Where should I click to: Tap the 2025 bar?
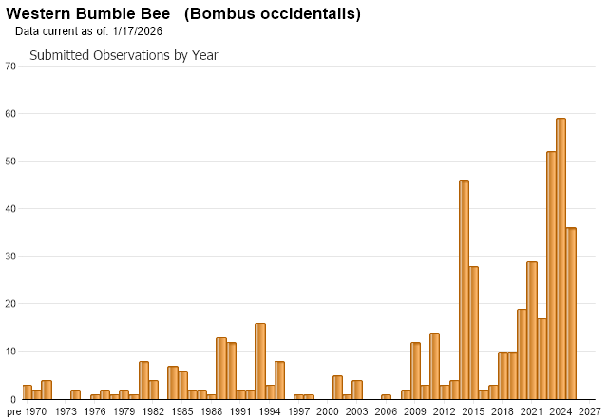(570, 314)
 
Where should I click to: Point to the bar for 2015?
(473, 333)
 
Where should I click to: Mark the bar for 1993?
(260, 361)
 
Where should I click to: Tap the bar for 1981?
(143, 380)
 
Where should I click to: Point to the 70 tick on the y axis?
(10, 66)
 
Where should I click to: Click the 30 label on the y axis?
(10, 257)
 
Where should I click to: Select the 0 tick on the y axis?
(13, 399)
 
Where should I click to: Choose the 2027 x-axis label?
(590, 411)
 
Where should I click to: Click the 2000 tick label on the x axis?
(328, 411)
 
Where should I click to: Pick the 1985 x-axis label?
(182, 411)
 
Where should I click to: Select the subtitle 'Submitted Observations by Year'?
(123, 55)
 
